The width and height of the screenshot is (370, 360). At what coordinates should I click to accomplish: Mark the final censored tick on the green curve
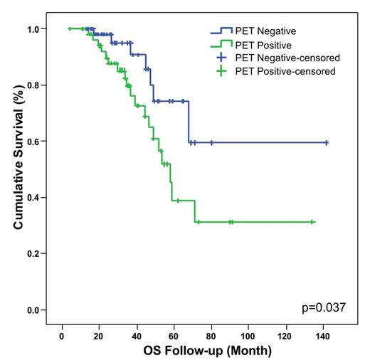[x=312, y=222]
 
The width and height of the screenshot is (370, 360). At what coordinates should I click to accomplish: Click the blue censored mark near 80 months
[x=211, y=142]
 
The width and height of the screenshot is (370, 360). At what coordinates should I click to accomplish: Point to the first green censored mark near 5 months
[x=70, y=28]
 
